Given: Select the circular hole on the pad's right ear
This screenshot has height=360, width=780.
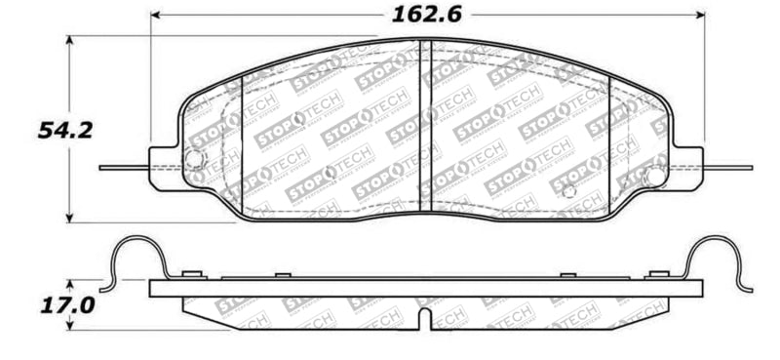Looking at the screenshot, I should point(655,176).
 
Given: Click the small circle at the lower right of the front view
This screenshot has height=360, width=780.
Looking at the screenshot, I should point(569,189).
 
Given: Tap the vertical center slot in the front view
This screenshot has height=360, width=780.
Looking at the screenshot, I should point(424,127).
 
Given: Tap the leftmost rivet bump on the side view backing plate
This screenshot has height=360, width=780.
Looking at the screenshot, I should point(191,274).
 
